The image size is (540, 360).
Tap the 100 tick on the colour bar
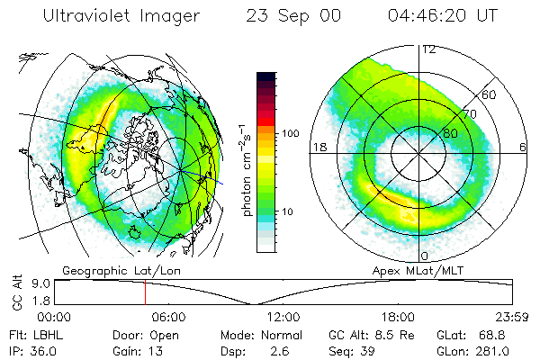click(291, 133)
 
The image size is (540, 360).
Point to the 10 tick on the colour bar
click(288, 211)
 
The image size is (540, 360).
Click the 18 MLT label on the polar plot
click(318, 146)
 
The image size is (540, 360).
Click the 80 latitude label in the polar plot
click(452, 133)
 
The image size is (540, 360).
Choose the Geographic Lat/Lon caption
click(108, 270)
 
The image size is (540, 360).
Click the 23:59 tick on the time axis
click(511, 317)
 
